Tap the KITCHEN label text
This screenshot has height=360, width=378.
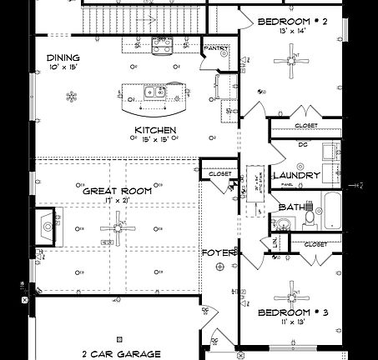click(x=155, y=130)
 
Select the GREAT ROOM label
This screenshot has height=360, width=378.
click(x=117, y=191)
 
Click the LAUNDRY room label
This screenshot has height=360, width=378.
click(x=296, y=176)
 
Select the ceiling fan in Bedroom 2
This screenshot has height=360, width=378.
click(x=296, y=58)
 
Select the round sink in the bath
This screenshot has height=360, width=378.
click(x=282, y=222)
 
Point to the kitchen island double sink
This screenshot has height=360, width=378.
click(x=153, y=94)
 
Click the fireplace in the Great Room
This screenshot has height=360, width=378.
click(x=47, y=225)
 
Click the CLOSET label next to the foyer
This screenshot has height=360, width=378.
click(x=219, y=174)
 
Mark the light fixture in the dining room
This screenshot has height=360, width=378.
click(x=71, y=97)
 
